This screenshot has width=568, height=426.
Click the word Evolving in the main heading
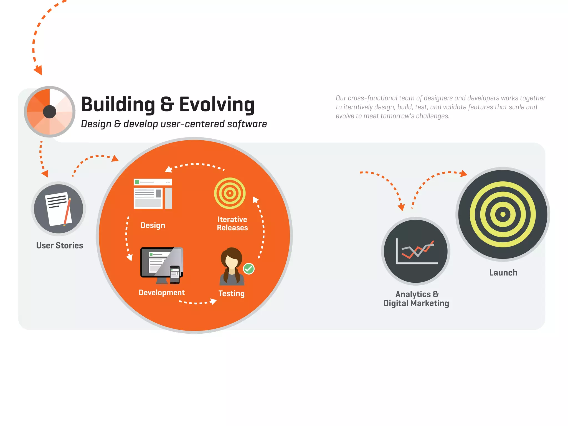pos(217,105)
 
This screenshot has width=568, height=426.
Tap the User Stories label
pos(60,245)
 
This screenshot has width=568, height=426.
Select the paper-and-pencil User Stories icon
pos(59,209)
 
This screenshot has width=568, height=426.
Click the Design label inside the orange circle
pos(153,225)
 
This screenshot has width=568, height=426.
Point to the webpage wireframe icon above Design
pos(153,194)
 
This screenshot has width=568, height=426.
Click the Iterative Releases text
pos(232,224)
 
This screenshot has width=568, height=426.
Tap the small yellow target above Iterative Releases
pos(230,193)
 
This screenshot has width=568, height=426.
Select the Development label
pos(162,293)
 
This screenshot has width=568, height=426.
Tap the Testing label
pos(232,293)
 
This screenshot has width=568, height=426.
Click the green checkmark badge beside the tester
pos(249,268)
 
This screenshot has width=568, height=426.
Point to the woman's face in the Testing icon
pos(232,261)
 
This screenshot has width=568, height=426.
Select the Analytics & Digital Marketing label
pos(416,299)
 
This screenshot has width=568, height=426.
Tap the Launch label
pos(503,273)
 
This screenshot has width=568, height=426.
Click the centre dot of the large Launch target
pos(503,214)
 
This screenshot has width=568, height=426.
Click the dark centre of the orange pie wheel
pos(50,112)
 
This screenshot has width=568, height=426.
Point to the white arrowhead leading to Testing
pos(213,301)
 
